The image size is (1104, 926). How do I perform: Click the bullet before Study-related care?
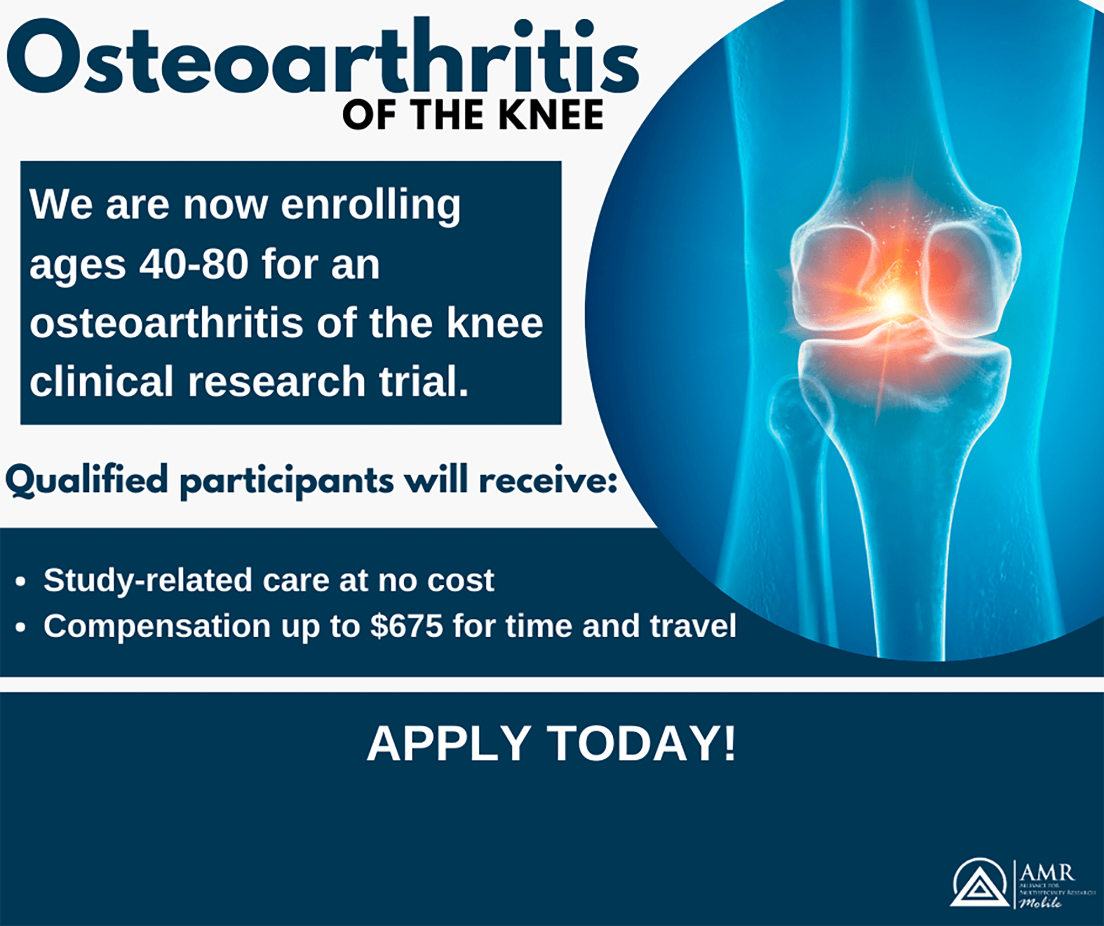tap(21, 581)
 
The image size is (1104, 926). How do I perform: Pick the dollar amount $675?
tap(407, 626)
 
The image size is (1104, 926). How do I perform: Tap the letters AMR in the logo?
tap(1047, 873)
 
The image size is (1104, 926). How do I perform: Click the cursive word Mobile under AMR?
tap(1040, 903)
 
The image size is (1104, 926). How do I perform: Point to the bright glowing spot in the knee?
tap(892, 301)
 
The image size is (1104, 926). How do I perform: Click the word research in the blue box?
tap(277, 382)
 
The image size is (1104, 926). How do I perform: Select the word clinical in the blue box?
tap(102, 382)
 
